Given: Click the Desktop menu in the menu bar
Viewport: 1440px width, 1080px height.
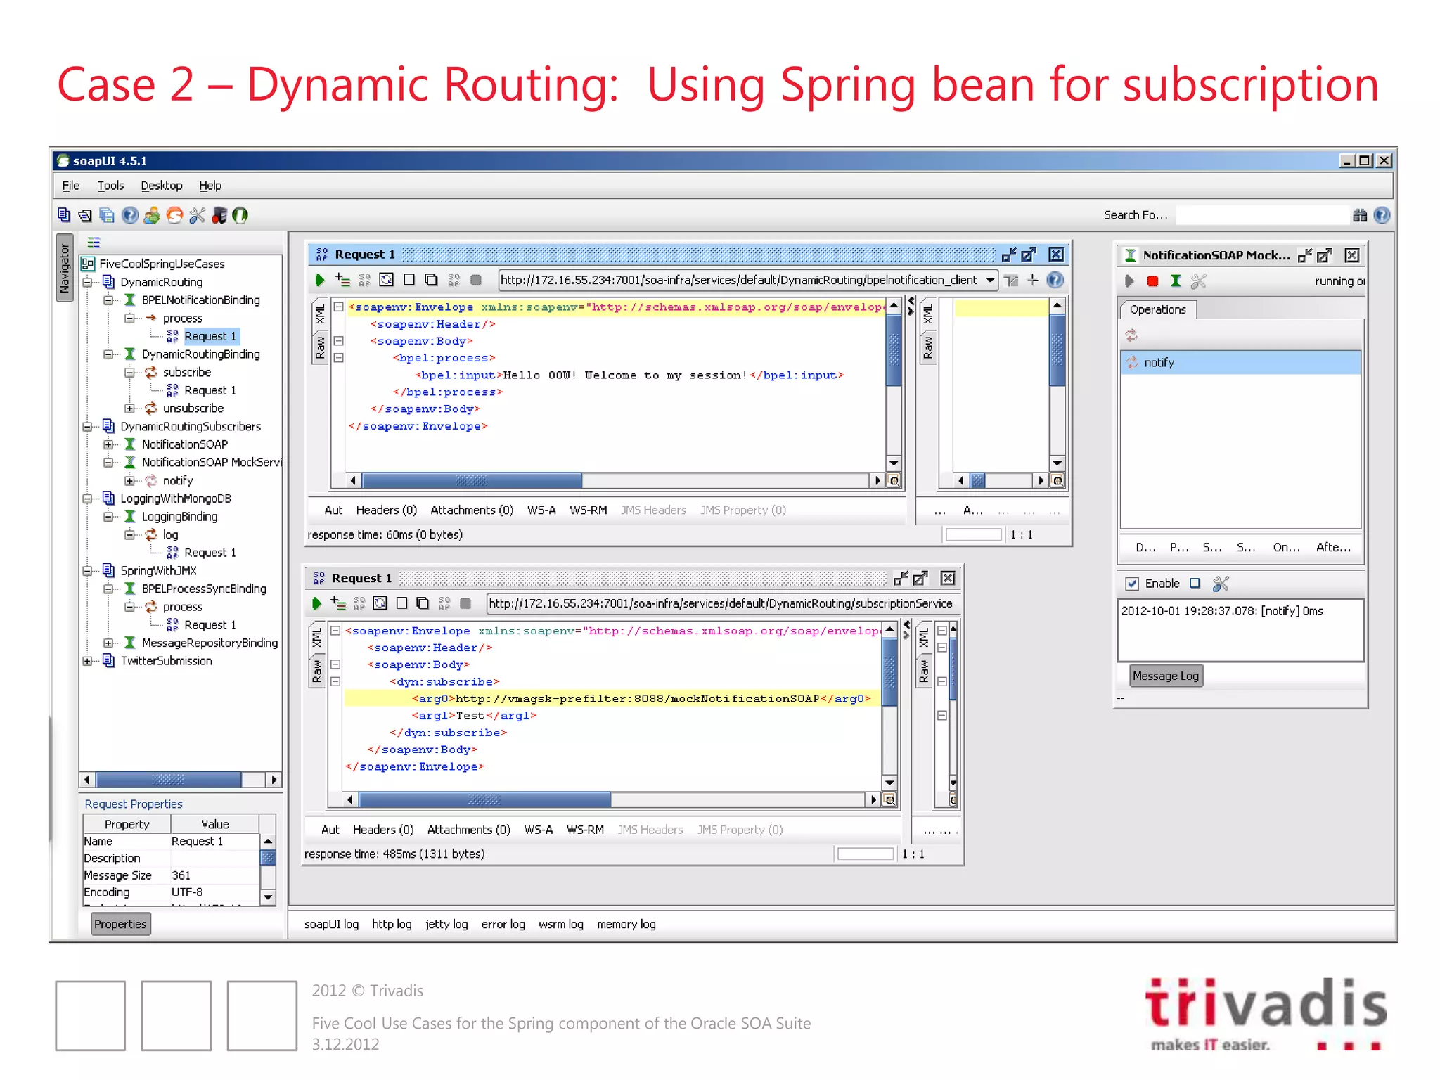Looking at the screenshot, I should coord(161,186).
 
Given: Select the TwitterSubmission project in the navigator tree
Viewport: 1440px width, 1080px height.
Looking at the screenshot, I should coord(166,661).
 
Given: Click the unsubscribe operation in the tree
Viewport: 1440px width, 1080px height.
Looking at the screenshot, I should coord(193,409).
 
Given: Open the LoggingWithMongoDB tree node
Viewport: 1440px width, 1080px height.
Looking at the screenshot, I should coord(175,499).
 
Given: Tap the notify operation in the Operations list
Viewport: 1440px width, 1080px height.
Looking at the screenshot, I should coord(1159,363).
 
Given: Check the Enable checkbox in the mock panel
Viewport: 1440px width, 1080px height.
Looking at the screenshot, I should coord(1132,584).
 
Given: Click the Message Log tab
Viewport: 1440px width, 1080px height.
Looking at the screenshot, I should coord(1165,676).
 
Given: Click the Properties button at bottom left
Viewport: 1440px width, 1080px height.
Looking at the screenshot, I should coord(120,924).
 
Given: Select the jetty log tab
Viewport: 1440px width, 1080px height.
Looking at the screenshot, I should coord(446,924).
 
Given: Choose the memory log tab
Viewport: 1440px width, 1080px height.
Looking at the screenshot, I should coord(626,924).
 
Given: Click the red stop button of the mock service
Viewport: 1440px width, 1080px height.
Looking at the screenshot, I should coord(1152,281).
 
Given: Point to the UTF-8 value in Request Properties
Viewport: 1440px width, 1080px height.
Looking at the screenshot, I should coord(187,892).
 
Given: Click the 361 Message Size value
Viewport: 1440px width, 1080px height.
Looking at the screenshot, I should coord(181,875).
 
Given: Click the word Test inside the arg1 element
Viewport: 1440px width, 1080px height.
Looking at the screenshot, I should coord(470,716).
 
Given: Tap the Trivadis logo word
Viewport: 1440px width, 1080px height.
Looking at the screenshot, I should coord(1266,1004).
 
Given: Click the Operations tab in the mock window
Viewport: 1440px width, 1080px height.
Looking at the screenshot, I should coord(1157,309).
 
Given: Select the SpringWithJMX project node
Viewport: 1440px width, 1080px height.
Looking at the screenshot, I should coord(158,571).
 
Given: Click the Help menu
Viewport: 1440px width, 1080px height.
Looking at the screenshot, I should coord(210,186).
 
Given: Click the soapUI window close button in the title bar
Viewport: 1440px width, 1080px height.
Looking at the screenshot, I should coord(1384,161).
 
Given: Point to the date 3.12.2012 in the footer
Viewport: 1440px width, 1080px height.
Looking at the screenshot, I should coord(345,1044).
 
